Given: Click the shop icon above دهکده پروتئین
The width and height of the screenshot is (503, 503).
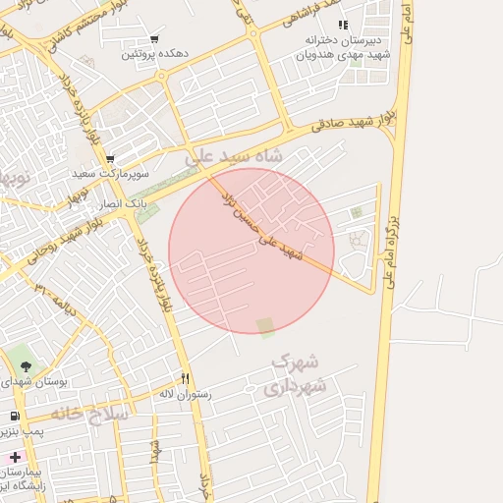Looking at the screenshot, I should click(x=154, y=40).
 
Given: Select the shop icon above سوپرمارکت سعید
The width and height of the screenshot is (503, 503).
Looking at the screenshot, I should click(x=110, y=159).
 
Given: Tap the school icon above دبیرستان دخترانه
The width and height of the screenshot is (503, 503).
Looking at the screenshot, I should click(x=342, y=25).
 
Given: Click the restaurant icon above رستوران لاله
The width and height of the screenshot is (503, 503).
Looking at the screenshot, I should click(x=185, y=378).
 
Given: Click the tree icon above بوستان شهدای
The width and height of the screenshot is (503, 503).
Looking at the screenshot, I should click(x=26, y=365).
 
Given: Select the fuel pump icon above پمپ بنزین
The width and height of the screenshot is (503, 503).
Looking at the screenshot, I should click(x=15, y=417).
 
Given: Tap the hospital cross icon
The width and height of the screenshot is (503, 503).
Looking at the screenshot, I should click(x=15, y=458).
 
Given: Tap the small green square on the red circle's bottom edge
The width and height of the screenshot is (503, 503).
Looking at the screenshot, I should click(x=266, y=327).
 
